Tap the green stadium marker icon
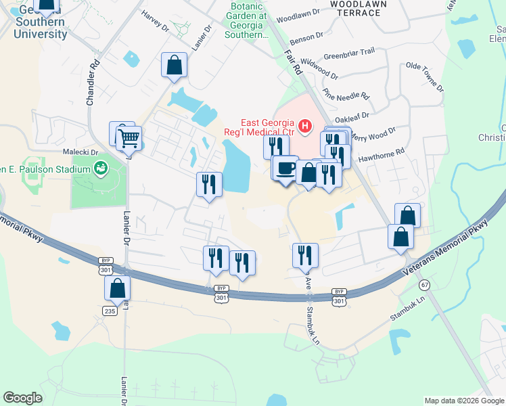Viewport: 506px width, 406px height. (101, 167)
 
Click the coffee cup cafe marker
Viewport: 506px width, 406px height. (285, 166)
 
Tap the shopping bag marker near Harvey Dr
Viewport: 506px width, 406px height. (174, 66)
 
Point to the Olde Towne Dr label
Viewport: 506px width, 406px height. (424, 77)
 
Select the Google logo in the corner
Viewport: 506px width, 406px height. (22, 398)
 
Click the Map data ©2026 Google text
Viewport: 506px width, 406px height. (464, 401)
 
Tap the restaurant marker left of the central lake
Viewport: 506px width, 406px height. (209, 184)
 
